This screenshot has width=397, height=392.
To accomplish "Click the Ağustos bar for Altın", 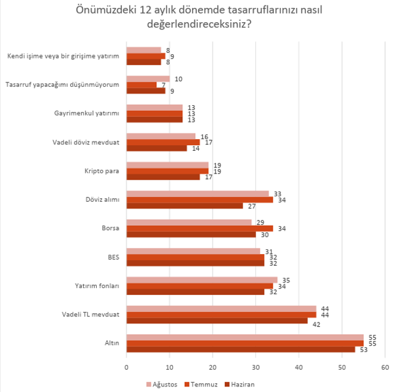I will tap(245, 337).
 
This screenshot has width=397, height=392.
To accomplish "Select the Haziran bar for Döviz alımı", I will tap(185, 206).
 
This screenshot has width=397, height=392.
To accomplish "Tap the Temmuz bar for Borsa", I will tap(199, 228).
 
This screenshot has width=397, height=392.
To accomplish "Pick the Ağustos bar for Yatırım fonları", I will tap(202, 279).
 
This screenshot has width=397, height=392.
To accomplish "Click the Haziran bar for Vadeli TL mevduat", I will tap(217, 321).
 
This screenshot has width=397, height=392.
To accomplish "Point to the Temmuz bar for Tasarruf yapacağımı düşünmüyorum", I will tap(142, 85).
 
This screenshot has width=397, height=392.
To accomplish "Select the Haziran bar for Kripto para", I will tap(163, 177).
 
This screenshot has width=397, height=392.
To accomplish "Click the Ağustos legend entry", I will tap(163, 384).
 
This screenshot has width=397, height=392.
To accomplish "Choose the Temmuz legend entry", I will tap(201, 384).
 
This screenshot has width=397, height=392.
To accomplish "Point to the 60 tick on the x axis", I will tap(385, 367).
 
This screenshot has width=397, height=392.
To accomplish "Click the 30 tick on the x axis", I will tap(255, 367).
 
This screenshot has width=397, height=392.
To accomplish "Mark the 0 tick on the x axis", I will tap(127, 367).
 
